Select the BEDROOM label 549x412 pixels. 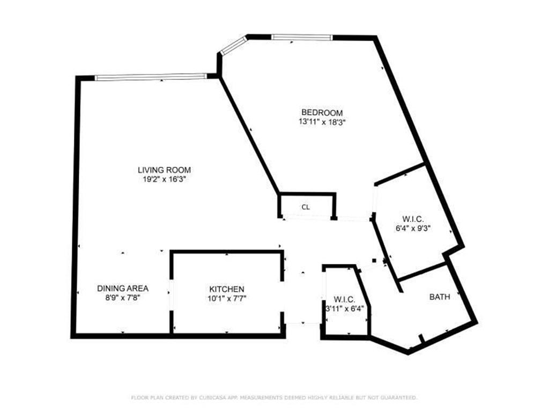pyautogui.click(x=322, y=113)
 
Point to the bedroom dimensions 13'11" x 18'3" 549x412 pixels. pyautogui.click(x=322, y=122)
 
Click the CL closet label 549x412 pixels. pyautogui.click(x=306, y=207)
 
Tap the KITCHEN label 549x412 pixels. pyautogui.click(x=227, y=289)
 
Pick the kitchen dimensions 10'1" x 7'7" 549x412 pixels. pyautogui.click(x=227, y=298)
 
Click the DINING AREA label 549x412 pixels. pyautogui.click(x=123, y=288)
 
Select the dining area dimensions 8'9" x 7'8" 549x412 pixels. pyautogui.click(x=123, y=297)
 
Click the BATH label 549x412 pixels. pyautogui.click(x=440, y=296)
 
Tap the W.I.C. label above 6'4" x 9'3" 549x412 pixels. pyautogui.click(x=413, y=219)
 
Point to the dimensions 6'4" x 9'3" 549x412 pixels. pyautogui.click(x=413, y=228)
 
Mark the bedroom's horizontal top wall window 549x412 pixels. pyautogui.click(x=301, y=37)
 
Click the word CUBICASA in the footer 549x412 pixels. pyautogui.click(x=198, y=398)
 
